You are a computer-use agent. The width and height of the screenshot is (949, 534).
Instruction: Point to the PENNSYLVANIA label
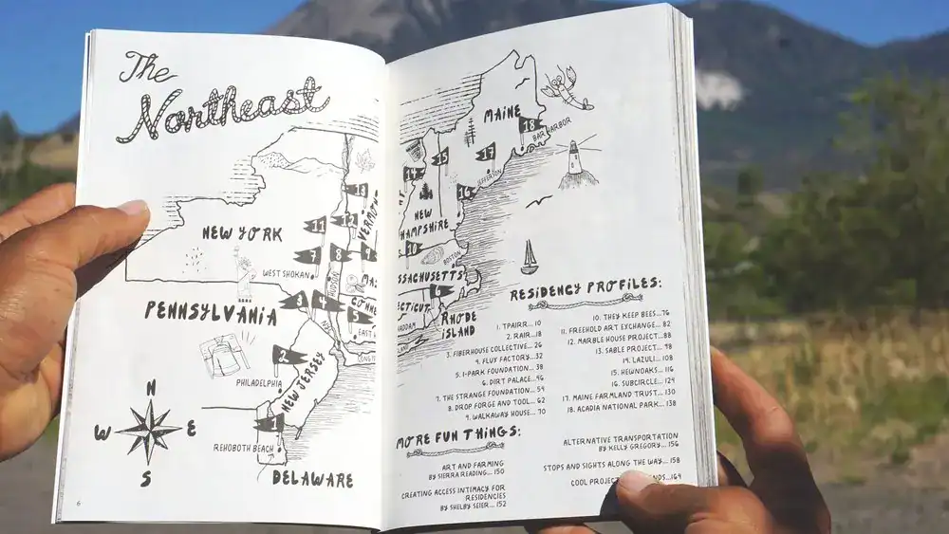(x=210, y=313)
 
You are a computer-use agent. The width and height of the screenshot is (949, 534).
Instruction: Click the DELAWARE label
(x=312, y=479)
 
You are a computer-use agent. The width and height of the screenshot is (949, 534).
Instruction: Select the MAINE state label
(x=502, y=116)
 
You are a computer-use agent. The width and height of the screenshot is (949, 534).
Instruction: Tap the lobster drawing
(x=567, y=87)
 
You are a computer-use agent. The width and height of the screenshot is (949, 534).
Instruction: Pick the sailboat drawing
(x=529, y=257)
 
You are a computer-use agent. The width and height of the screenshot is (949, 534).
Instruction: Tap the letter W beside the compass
(x=102, y=433)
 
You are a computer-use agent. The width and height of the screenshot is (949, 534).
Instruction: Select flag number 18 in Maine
(x=530, y=126)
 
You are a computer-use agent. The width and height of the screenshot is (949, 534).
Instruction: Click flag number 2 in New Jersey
(x=286, y=357)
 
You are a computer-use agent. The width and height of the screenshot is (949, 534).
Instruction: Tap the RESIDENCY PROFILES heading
(x=585, y=287)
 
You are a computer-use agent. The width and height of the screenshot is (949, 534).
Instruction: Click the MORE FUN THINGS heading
(x=457, y=435)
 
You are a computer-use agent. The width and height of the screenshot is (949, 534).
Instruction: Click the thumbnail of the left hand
(x=134, y=208)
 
